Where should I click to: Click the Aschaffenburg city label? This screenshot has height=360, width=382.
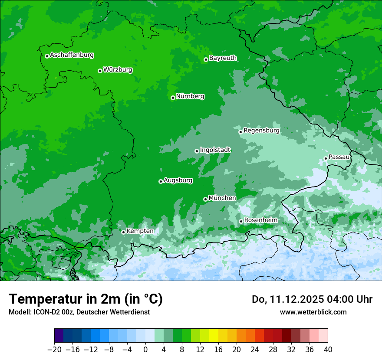pyautogui.click(x=72, y=55)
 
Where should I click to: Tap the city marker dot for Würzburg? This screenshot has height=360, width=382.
pyautogui.click(x=100, y=71)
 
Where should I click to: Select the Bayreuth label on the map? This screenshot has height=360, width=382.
pyautogui.click(x=223, y=58)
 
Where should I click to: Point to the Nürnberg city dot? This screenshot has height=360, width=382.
pyautogui.click(x=173, y=98)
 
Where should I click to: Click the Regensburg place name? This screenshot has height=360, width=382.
pyautogui.click(x=261, y=131)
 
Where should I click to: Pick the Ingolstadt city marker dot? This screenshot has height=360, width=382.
pyautogui.click(x=197, y=151)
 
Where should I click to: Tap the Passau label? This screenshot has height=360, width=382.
pyautogui.click(x=339, y=157)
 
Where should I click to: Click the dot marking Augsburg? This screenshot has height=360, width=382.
pyautogui.click(x=161, y=181)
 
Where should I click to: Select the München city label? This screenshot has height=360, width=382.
pyautogui.click(x=222, y=198)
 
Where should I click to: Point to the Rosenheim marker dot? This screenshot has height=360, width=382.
pyautogui.click(x=241, y=221)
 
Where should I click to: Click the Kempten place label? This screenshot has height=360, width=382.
pyautogui.click(x=140, y=231)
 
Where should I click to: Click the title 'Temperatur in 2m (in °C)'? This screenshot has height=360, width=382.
pyautogui.click(x=86, y=299)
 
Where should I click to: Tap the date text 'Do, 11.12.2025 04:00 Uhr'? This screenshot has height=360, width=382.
pyautogui.click(x=312, y=299)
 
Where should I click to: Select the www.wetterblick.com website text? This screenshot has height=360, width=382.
pyautogui.click(x=313, y=312)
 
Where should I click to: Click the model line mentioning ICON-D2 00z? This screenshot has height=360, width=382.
pyautogui.click(x=79, y=312)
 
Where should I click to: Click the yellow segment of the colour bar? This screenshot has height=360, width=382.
pyautogui.click(x=214, y=336)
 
